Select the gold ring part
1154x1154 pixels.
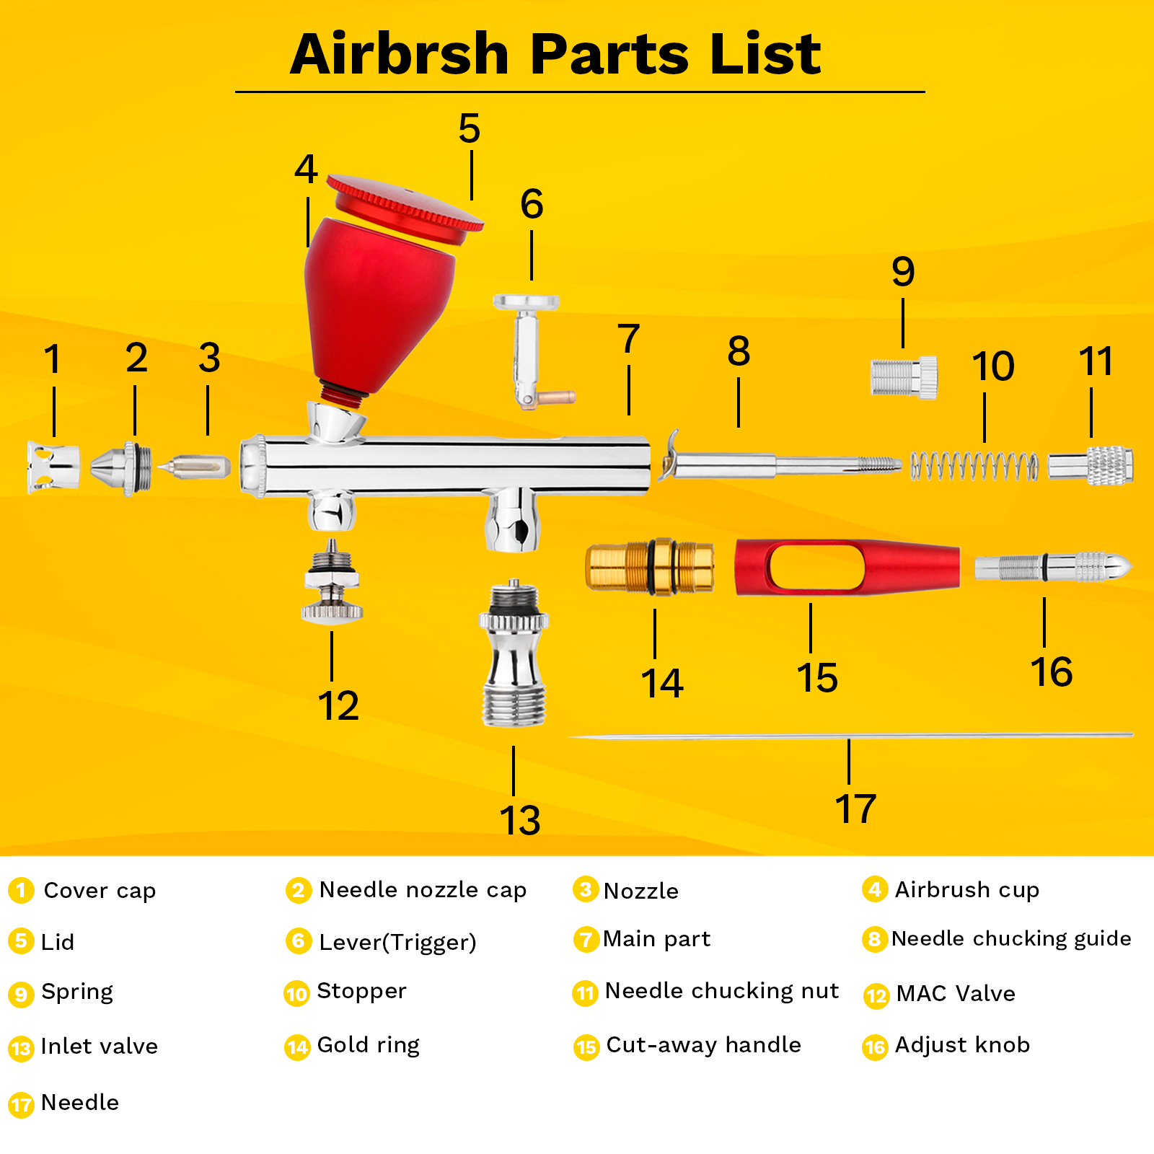tap(650, 567)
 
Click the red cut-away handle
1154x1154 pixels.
tap(847, 567)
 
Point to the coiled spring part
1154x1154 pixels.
tap(974, 466)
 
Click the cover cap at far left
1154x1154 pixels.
tap(53, 467)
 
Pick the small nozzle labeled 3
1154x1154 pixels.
tap(194, 467)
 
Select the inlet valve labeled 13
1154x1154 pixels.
tap(514, 653)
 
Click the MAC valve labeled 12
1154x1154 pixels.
tap(332, 581)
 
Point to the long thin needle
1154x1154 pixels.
tap(851, 736)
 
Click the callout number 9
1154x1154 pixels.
tap(903, 272)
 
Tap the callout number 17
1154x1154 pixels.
tap(855, 809)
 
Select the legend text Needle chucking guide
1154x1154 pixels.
tap(1011, 939)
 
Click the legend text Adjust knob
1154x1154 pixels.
tap(962, 1045)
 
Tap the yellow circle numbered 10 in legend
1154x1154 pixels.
tap(297, 994)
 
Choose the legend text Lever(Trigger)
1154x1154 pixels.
tap(397, 942)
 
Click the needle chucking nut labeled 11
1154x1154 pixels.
tap(1091, 466)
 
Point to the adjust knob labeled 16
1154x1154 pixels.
tap(1054, 567)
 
